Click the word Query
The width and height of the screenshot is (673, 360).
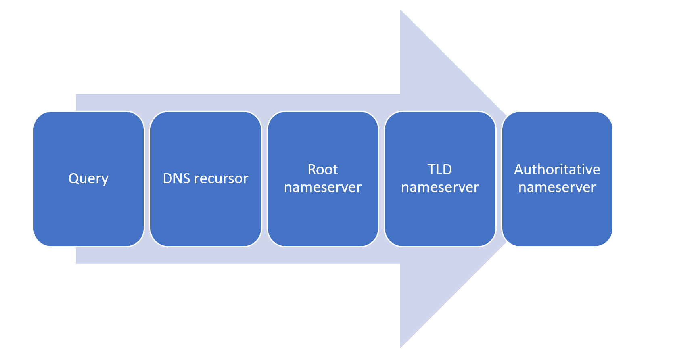pyautogui.click(x=88, y=178)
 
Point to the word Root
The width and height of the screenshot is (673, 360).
pyautogui.click(x=323, y=170)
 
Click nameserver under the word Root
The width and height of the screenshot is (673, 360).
pyautogui.click(x=323, y=187)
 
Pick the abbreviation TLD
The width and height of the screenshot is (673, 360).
pyautogui.click(x=440, y=170)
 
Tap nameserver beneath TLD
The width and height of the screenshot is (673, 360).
pyautogui.click(x=440, y=187)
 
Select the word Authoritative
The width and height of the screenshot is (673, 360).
pyautogui.click(x=557, y=170)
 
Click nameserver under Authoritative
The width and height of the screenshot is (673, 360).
pyautogui.click(x=557, y=187)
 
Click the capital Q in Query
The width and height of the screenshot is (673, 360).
pyautogui.click(x=73, y=178)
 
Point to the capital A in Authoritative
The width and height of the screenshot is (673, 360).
pyautogui.click(x=518, y=170)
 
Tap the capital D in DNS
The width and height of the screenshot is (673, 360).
pyautogui.click(x=167, y=178)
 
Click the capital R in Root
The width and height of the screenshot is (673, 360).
pyautogui.click(x=312, y=170)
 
